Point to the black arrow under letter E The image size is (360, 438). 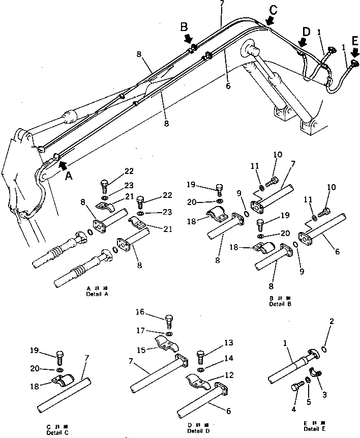pos(354,53)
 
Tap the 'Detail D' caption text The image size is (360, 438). pos(195,431)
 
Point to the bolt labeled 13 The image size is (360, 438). pos(200,355)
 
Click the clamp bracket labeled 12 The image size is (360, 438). pos(198,379)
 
